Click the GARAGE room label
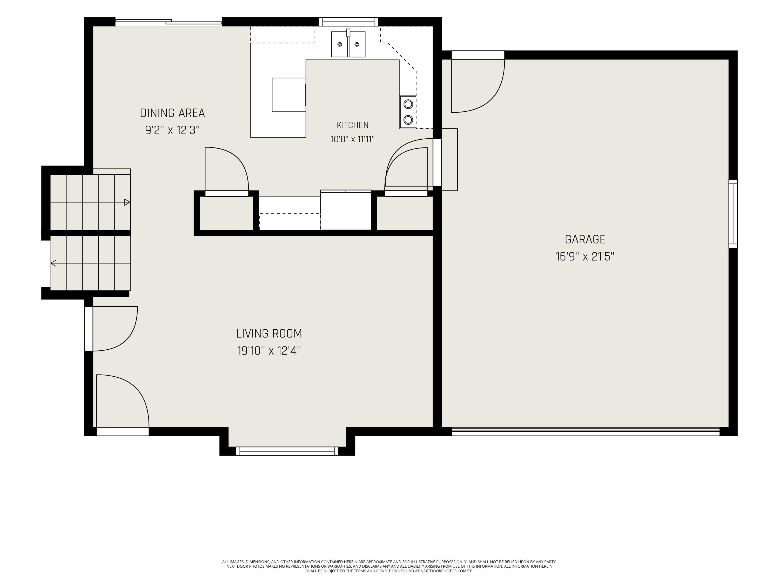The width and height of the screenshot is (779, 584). point(585,239)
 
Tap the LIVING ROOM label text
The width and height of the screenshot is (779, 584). point(269,333)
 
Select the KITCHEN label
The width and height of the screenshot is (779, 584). point(353,125)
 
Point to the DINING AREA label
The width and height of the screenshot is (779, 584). point(172,113)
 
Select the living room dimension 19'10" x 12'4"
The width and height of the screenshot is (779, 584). point(269,351)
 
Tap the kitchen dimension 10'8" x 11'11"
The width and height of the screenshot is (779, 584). point(353,139)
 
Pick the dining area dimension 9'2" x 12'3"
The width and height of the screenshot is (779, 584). point(172,130)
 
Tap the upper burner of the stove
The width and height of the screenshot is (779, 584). point(408,104)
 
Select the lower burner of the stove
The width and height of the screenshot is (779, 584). point(408,120)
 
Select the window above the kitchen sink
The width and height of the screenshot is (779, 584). point(348,22)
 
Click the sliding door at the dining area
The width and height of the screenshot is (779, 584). point(169,22)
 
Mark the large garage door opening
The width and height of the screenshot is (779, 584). point(586,432)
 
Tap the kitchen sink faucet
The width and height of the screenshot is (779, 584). point(348,33)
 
